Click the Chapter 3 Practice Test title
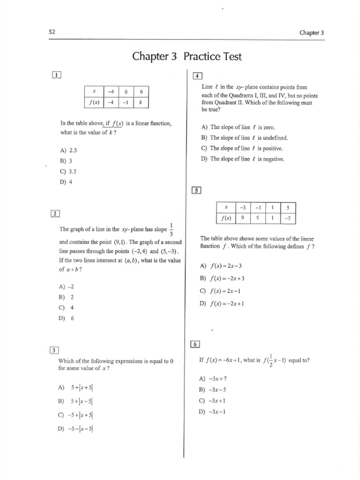(187, 57)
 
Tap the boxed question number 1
(57, 75)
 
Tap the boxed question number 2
(55, 214)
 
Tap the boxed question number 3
(55, 350)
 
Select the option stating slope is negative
(242, 159)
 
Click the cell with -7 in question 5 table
(291, 218)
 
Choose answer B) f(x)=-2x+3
(222, 278)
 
